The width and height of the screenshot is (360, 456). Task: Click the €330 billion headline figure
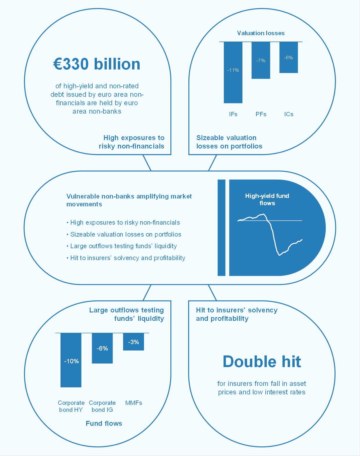tap(97, 64)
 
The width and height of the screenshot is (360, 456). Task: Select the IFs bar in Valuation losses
tap(233, 84)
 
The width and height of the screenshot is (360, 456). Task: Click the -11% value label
tap(233, 70)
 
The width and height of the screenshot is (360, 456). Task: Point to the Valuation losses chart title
tap(261, 33)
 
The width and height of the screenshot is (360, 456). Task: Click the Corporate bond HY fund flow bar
tap(71, 375)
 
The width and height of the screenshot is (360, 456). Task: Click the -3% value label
tap(134, 342)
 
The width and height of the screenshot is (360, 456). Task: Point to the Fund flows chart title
tap(104, 423)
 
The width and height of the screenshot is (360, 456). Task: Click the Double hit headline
tap(262, 362)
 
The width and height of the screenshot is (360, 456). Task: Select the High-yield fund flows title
tap(267, 199)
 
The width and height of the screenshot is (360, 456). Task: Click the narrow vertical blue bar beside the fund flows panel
tap(222, 228)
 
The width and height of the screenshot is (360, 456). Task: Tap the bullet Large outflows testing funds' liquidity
tap(123, 246)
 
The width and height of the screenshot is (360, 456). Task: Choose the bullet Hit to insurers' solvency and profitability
tap(128, 258)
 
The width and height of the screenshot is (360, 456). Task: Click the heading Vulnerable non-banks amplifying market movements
tap(129, 200)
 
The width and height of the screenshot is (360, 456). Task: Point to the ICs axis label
tap(289, 114)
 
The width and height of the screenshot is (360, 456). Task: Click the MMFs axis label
tap(134, 403)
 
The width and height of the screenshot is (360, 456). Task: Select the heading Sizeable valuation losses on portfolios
tap(229, 142)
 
